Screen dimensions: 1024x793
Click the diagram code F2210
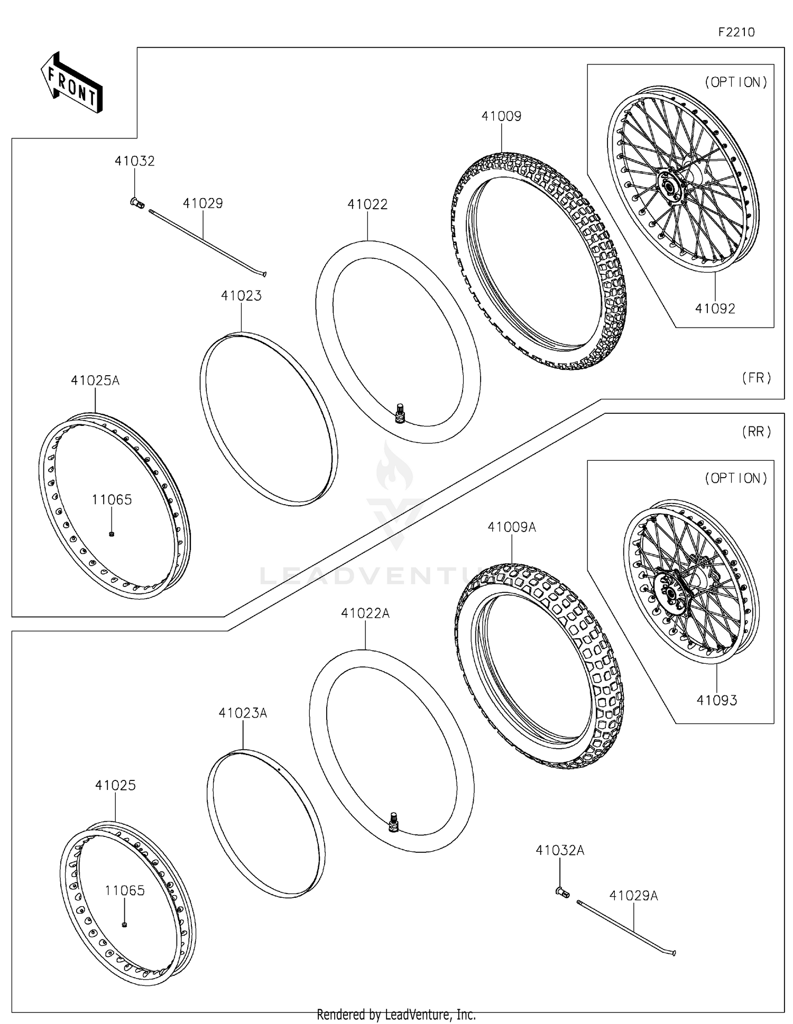click(736, 32)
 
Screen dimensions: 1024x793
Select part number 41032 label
click(135, 161)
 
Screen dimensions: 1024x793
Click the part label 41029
click(203, 203)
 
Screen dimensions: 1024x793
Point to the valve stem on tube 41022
click(400, 413)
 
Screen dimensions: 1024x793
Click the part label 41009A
click(511, 527)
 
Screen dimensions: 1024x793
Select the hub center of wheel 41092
click(668, 188)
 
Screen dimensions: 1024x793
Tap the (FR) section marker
click(757, 378)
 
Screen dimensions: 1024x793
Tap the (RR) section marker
click(757, 432)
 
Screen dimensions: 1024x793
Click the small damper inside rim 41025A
click(112, 534)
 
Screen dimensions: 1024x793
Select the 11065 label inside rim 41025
click(125, 890)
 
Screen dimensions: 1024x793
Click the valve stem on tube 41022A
click(393, 822)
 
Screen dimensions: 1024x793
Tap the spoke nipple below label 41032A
click(561, 892)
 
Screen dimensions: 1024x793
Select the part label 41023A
click(243, 713)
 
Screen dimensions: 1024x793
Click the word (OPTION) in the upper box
click(735, 82)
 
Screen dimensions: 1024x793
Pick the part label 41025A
click(95, 380)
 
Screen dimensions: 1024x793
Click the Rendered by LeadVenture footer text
click(396, 1015)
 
